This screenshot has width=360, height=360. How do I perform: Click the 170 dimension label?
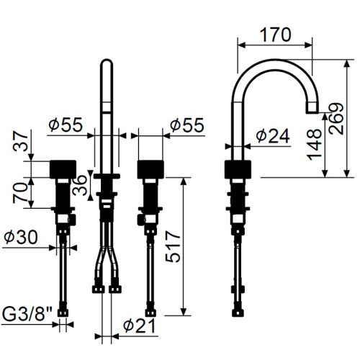click(276, 35)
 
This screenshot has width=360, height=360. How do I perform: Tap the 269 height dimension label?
click(336, 119)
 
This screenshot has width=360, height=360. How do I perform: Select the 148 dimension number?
click(314, 145)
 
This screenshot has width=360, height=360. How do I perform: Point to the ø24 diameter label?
click(273, 136)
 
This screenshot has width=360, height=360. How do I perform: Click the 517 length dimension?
click(173, 246)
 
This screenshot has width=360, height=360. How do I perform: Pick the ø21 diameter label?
click(139, 326)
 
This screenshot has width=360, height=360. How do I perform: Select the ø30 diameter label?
click(21, 237)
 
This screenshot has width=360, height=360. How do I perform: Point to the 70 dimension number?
click(20, 193)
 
